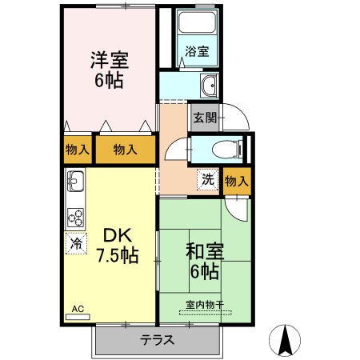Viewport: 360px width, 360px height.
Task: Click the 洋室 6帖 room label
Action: click(x=110, y=70)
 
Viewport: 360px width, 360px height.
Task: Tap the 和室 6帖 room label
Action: click(x=205, y=261)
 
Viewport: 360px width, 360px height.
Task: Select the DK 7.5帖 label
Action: click(x=117, y=246)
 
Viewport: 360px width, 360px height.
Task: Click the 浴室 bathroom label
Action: click(x=197, y=52)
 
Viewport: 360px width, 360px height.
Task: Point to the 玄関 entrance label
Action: click(x=204, y=118)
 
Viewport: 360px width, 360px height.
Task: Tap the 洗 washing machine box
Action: click(x=207, y=179)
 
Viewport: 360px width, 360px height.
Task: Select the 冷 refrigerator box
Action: click(x=77, y=242)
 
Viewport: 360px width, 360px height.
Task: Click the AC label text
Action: click(x=78, y=308)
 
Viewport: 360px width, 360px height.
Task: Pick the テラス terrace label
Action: click(x=158, y=338)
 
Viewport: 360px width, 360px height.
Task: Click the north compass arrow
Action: click(x=286, y=339)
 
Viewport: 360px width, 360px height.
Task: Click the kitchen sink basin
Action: click(x=75, y=183)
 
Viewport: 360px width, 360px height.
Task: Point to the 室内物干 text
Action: click(x=206, y=304)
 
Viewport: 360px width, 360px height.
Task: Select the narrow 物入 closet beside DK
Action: click(x=78, y=149)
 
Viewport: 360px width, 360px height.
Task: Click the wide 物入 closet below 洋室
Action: click(x=124, y=149)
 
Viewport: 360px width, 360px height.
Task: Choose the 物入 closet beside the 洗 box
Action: click(x=237, y=181)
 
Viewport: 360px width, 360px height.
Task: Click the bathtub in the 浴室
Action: click(x=198, y=30)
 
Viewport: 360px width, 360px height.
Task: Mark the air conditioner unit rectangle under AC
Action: click(x=78, y=317)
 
